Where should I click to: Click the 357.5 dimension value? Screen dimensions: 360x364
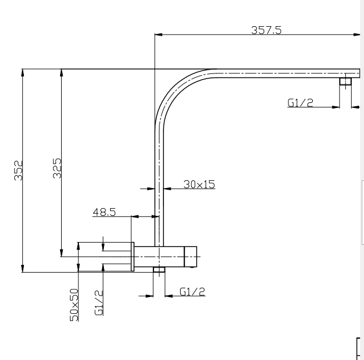click(x=266, y=30)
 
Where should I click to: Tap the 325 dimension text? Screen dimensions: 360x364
click(x=57, y=168)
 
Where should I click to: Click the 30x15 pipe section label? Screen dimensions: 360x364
click(x=199, y=184)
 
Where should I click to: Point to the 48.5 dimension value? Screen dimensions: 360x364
click(x=104, y=212)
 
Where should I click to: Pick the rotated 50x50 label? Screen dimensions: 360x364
click(x=73, y=304)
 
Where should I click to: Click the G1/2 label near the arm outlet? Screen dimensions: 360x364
click(x=300, y=102)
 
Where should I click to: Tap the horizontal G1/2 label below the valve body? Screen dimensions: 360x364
click(x=193, y=291)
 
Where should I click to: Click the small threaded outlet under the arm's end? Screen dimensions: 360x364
click(x=345, y=82)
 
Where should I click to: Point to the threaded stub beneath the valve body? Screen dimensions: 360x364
click(x=159, y=270)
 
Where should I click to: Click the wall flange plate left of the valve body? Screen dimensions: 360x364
click(x=132, y=257)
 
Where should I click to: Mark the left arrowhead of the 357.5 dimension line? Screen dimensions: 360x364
click(x=158, y=35)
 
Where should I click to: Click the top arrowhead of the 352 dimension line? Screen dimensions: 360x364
click(x=23, y=72)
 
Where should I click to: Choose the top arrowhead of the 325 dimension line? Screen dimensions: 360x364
click(x=62, y=72)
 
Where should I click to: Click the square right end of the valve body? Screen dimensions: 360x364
click(x=191, y=257)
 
